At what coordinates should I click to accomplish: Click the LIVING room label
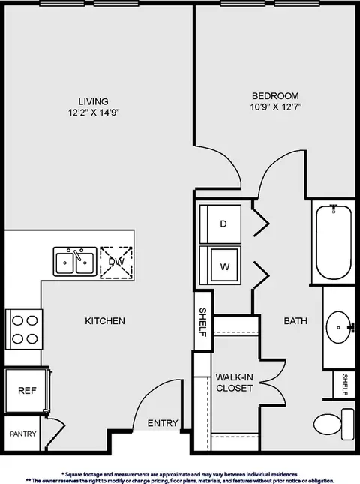pyautogui.click(x=93, y=101)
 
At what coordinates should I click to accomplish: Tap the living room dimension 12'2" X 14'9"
pyautogui.click(x=94, y=113)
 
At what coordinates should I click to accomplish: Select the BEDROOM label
pyautogui.click(x=275, y=95)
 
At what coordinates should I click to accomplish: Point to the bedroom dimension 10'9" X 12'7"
pyautogui.click(x=275, y=107)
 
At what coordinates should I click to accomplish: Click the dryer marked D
pyautogui.click(x=220, y=224)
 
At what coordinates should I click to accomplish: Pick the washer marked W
pyautogui.click(x=220, y=265)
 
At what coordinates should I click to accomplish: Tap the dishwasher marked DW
pyautogui.click(x=116, y=263)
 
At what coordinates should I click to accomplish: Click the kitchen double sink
pyautogui.click(x=75, y=261)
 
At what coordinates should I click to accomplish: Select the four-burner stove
pyautogui.click(x=24, y=329)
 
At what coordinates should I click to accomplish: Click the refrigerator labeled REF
pyautogui.click(x=28, y=390)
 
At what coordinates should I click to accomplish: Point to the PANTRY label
pyautogui.click(x=22, y=434)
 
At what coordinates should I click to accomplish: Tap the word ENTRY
pyautogui.click(x=163, y=423)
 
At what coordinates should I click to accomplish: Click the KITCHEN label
pyautogui.click(x=105, y=321)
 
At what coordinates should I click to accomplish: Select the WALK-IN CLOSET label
pyautogui.click(x=234, y=383)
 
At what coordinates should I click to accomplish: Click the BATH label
pyautogui.click(x=295, y=321)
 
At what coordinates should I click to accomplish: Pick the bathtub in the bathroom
pyautogui.click(x=334, y=242)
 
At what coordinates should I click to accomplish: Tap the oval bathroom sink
pyautogui.click(x=339, y=327)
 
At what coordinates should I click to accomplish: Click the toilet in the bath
pyautogui.click(x=334, y=424)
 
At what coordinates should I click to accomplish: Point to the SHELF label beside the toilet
pyautogui.click(x=345, y=385)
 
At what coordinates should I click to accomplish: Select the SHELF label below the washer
pyautogui.click(x=203, y=322)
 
